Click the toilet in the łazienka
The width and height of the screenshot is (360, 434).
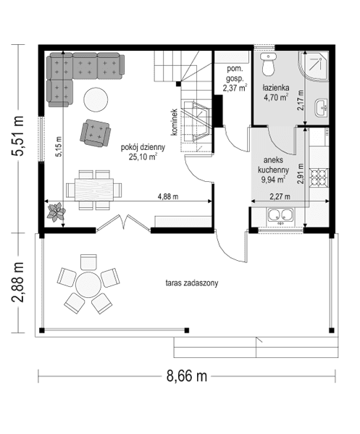(269, 66)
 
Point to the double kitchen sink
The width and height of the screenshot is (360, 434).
(278, 214)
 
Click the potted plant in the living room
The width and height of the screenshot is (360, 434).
(56, 212)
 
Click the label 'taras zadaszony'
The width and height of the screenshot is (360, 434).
(192, 283)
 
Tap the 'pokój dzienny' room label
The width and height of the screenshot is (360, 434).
(143, 151)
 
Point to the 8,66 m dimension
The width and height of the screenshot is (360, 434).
(187, 375)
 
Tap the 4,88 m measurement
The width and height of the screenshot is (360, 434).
(168, 196)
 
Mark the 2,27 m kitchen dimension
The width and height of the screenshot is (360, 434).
(279, 196)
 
